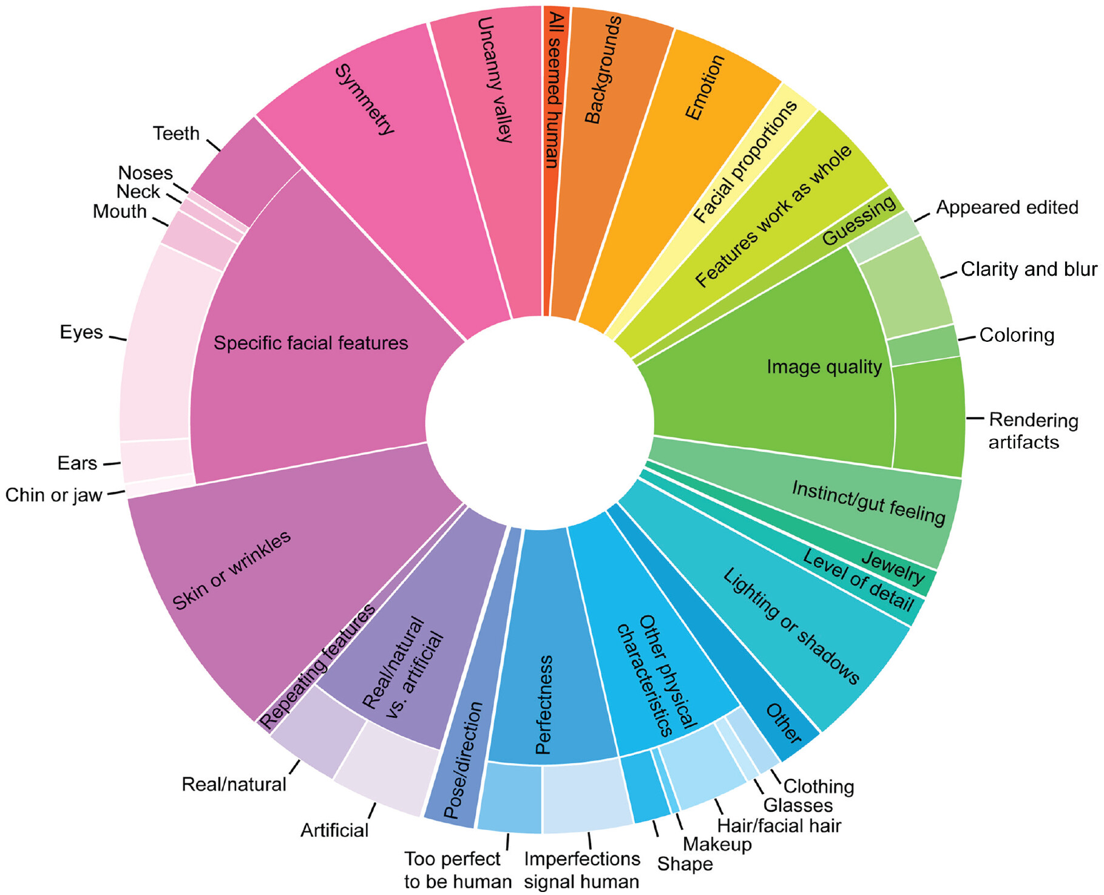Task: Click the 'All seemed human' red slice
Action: pos(553,121)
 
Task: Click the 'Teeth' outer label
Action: pos(176,134)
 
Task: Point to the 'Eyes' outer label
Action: pos(81,333)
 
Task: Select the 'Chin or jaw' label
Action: pos(54,495)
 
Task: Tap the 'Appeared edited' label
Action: pos(1007,208)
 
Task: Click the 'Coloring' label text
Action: pos(1017,335)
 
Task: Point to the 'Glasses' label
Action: pos(798,806)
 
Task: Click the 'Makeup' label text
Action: pos(717,844)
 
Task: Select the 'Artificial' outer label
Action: pos(334,830)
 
